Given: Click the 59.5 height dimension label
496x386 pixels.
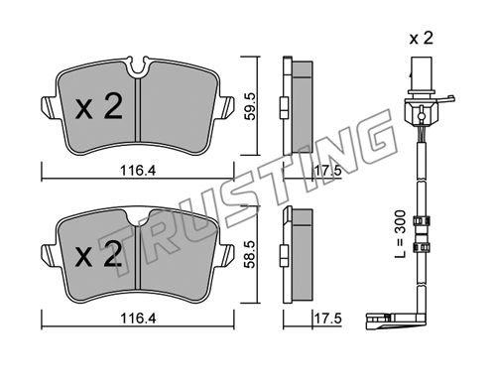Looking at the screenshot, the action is point(250,106).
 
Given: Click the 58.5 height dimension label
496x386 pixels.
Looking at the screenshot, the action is point(250,254).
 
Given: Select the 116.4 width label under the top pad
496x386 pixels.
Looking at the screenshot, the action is point(138,171).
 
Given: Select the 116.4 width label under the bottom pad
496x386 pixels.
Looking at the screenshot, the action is point(138,319).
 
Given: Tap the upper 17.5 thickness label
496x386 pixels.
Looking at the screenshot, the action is point(327,171).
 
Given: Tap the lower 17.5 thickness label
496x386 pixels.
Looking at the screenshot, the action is point(327,319).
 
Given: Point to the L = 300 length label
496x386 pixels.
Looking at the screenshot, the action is point(400,234).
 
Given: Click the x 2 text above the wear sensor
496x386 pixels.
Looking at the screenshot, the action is point(421,39).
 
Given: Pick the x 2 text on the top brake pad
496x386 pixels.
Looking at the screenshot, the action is point(99,105).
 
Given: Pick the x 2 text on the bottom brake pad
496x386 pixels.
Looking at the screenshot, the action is point(98,253).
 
